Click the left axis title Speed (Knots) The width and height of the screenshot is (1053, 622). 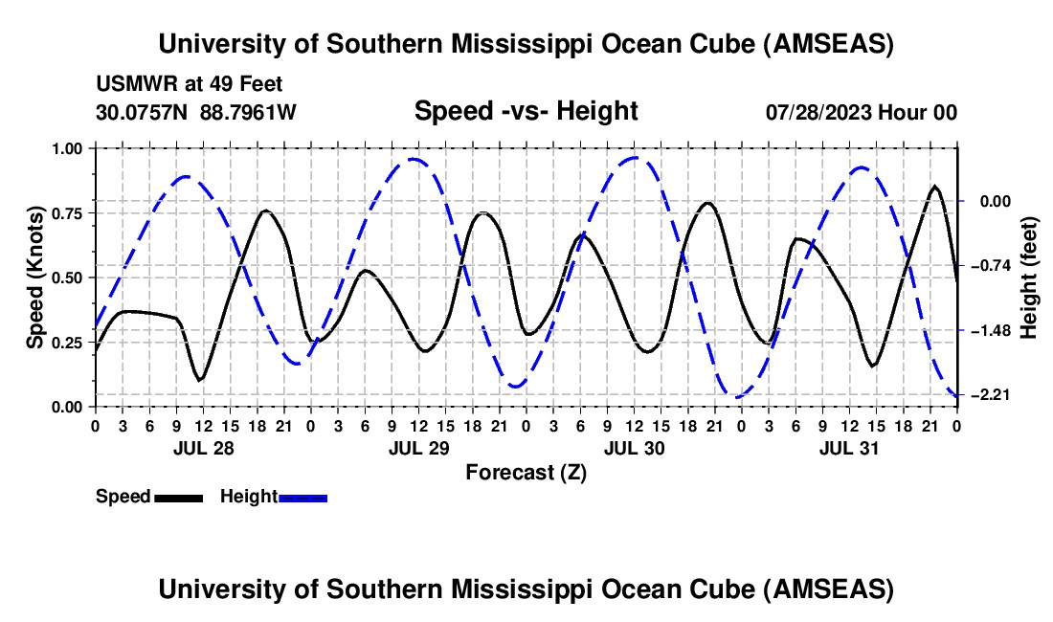coord(35,278)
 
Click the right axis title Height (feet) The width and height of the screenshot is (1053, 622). coord(1029,278)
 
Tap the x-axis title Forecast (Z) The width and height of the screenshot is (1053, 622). coord(526,472)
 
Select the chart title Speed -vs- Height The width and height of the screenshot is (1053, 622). coord(526,111)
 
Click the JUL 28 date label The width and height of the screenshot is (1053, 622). coord(202,448)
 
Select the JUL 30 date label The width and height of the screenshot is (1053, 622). coord(633,448)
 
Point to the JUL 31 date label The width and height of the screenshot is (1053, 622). coord(848,448)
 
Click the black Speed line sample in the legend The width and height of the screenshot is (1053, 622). coord(178,498)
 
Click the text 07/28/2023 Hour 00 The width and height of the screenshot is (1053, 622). coord(862,112)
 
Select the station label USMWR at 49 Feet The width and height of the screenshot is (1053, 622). coord(189,85)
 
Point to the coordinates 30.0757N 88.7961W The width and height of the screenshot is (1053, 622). coord(196,112)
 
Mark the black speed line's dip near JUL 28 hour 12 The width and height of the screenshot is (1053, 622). coord(199,380)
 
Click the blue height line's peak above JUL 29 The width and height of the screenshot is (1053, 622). coord(413,159)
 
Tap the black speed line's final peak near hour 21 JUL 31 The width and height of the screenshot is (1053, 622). coord(935,187)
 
